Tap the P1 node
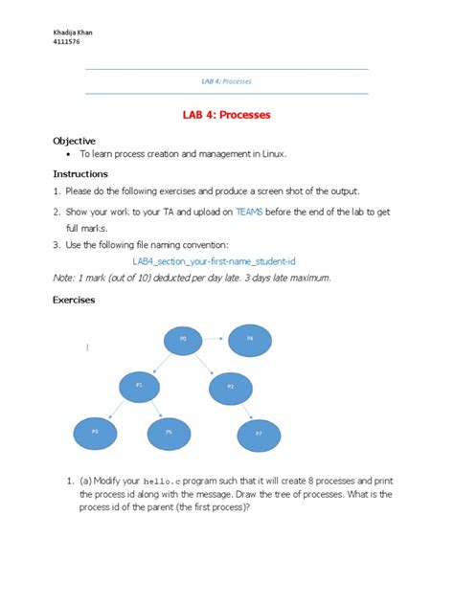click(139, 385)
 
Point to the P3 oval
click(95, 433)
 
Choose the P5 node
click(169, 433)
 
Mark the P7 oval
click(259, 434)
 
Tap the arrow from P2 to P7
click(245, 410)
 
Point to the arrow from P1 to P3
click(117, 409)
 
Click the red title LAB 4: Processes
click(226, 115)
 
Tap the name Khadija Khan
click(72, 31)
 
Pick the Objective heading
click(74, 140)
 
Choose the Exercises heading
click(74, 300)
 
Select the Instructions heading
click(79, 174)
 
